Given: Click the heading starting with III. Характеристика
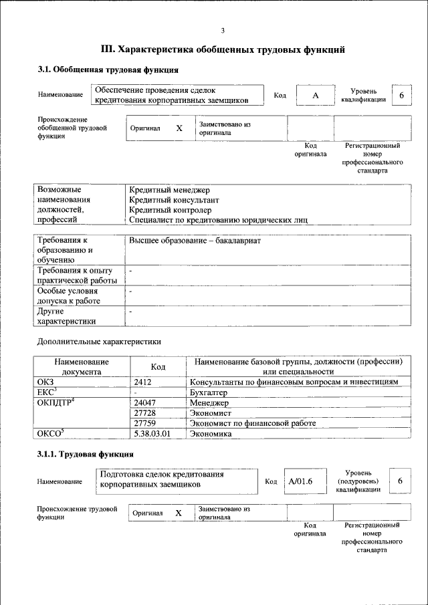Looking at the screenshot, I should click(223, 49).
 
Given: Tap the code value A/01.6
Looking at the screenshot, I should click(300, 481).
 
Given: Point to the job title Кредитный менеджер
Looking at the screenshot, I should click(169, 190).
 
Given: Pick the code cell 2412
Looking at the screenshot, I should click(143, 382).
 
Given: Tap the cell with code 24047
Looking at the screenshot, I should click(145, 403).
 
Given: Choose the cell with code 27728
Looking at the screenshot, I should click(145, 413).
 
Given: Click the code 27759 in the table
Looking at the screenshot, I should click(145, 423).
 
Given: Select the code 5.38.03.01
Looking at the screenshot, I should click(152, 434).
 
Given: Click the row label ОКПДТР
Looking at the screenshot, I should click(56, 402).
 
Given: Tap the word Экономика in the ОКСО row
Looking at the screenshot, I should click(211, 434).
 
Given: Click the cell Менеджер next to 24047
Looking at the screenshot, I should click(209, 403).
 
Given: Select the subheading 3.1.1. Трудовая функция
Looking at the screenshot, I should click(81, 455).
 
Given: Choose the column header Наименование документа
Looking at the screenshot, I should click(82, 366).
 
